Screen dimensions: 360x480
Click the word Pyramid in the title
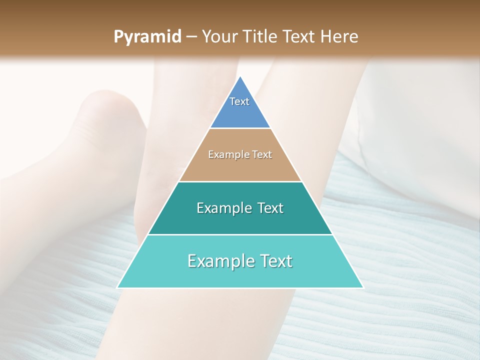tap(147, 37)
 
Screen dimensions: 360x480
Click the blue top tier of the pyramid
tap(240, 112)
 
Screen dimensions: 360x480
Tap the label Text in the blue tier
tap(239, 101)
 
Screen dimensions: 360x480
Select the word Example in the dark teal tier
tap(223, 208)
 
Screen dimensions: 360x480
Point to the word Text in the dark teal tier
tap(270, 208)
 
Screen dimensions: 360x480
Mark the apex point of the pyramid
tap(240, 76)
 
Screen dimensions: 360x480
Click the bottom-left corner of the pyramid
tap(117, 287)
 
